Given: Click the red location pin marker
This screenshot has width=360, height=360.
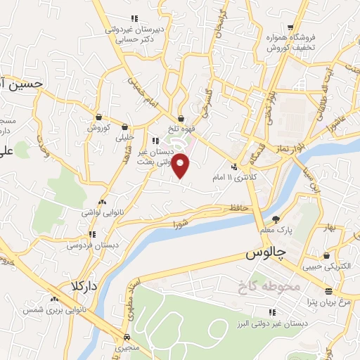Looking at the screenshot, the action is tap(181, 165).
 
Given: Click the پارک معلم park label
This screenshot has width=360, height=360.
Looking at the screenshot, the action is tap(272, 229).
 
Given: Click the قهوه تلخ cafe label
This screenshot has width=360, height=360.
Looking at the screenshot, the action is tap(182, 129).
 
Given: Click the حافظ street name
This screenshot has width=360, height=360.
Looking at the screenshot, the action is tap(236, 209).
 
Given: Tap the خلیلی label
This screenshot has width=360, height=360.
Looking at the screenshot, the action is tap(128, 138).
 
